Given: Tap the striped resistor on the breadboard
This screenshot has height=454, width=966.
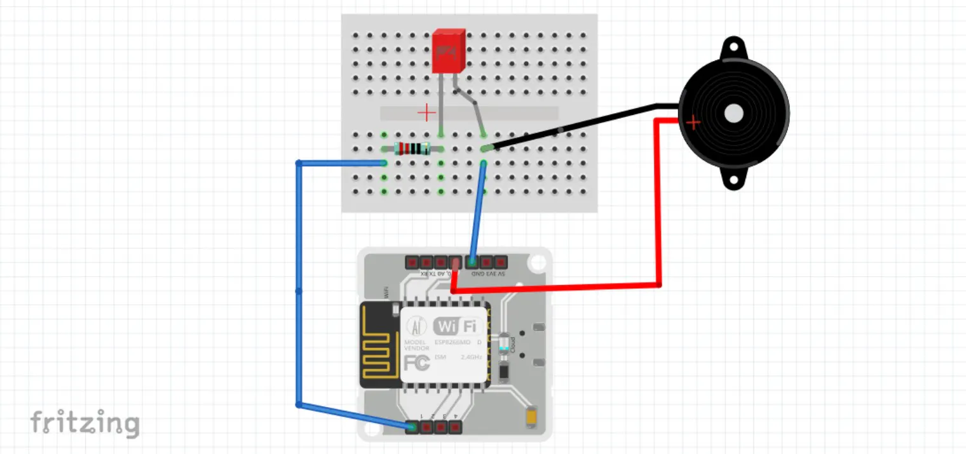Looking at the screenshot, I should coord(412,149).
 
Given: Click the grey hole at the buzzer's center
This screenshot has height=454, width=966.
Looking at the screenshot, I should coord(733,113).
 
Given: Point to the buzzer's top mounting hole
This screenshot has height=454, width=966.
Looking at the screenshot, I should coord(733,47).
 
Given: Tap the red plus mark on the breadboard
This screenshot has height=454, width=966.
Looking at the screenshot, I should coord(426,113).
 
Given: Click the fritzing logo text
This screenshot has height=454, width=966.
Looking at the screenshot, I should coord(85,423).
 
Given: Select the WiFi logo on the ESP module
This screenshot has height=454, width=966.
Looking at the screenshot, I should coord(455,326).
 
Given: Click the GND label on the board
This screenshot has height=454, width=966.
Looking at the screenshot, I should coord(474,274).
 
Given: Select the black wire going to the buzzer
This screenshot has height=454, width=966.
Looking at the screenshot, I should coord(572,127).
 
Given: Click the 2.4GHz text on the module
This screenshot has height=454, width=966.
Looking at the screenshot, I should coord(472,357).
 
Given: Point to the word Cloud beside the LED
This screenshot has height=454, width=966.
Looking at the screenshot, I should coord(513,344).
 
